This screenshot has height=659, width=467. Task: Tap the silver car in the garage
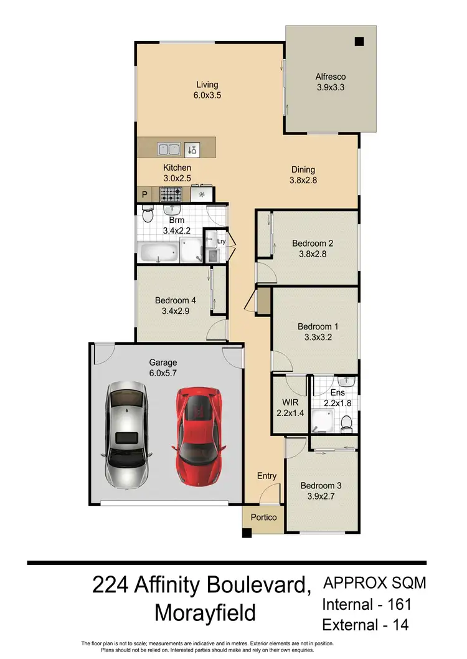(x=126, y=434)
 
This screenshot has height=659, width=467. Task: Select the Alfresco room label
(x=330, y=77)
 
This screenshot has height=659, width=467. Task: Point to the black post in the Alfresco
(x=359, y=42)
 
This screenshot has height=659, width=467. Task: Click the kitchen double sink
(x=169, y=149)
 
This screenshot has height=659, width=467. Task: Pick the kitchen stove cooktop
(x=170, y=195)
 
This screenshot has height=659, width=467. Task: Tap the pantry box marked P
(x=144, y=195)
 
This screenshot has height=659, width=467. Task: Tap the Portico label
(x=263, y=518)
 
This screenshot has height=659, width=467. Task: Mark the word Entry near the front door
(x=267, y=476)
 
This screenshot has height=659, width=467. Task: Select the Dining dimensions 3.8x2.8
(x=303, y=180)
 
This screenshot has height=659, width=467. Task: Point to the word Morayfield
(x=205, y=613)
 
